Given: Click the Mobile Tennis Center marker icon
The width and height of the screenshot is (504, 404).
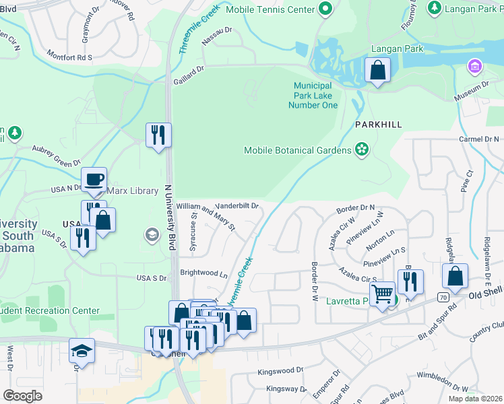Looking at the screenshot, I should click(x=326, y=9).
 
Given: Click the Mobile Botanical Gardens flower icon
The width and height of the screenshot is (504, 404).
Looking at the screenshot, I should click(x=362, y=149).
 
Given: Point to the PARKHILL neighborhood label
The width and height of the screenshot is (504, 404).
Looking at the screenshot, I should click(x=379, y=125).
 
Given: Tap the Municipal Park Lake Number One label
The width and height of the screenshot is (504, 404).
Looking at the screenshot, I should click(x=313, y=96).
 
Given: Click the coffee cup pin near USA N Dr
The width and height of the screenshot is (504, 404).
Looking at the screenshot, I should click(x=94, y=179).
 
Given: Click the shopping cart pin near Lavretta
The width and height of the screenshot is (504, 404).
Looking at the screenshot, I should click(x=382, y=294).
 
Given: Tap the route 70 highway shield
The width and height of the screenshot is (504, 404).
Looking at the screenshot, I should click(x=442, y=296).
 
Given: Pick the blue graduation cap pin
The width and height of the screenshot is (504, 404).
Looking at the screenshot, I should click(x=82, y=350).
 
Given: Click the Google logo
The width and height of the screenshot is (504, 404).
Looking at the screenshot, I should click(x=22, y=396).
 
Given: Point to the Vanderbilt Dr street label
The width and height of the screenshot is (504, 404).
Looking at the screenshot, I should click(x=237, y=206).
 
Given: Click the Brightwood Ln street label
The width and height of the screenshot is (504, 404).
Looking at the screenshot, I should click(x=203, y=273).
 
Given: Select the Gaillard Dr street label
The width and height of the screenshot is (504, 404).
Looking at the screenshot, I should click(x=188, y=74).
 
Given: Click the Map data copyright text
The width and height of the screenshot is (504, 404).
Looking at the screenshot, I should click(x=475, y=399).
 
